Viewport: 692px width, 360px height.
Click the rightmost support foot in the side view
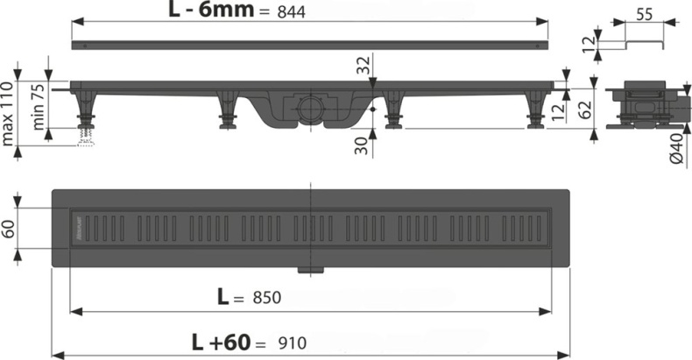[x=533, y=111]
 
